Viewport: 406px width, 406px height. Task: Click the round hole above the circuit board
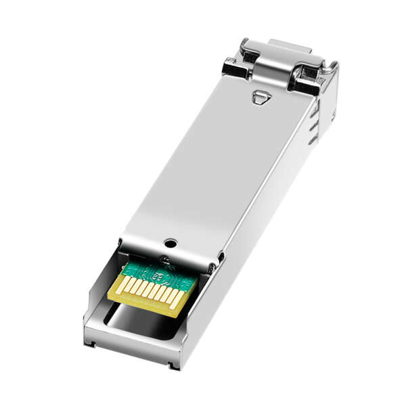point(171,242)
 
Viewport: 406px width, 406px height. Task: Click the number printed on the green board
point(156,275)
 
